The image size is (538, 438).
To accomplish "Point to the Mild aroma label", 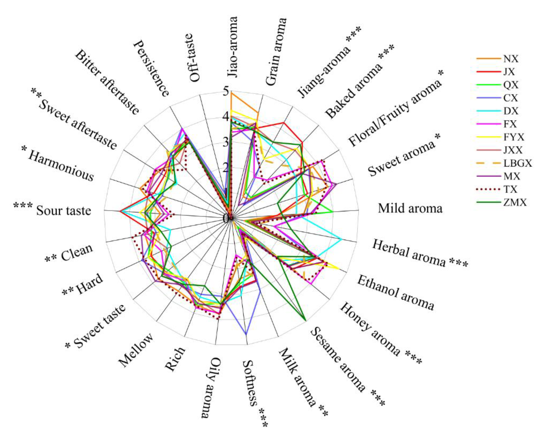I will click(x=410, y=209).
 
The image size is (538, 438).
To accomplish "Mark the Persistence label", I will click(x=151, y=68).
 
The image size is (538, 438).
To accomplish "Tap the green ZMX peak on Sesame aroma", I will click(x=306, y=321).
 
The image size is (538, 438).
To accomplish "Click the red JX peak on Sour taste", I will click(x=120, y=211).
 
